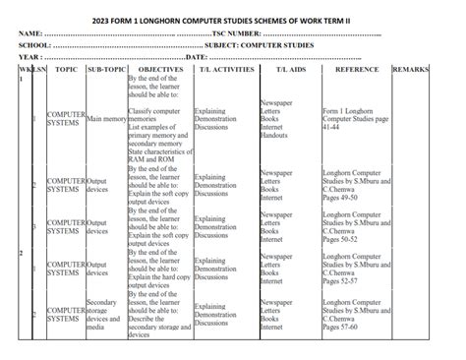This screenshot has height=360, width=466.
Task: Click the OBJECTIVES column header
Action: tap(160, 71)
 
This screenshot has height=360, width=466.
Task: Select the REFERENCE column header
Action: tap(356, 71)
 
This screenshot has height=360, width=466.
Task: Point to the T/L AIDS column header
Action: tap(290, 71)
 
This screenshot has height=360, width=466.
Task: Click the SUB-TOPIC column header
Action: tap(105, 71)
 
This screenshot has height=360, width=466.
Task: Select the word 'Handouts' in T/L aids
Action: tap(275, 135)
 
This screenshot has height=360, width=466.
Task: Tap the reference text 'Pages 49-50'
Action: tap(341, 198)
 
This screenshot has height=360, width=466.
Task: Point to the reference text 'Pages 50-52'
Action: tap(341, 238)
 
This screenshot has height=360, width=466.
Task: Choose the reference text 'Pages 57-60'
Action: tap(341, 327)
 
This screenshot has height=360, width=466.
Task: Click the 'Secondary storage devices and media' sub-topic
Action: tap(103, 314)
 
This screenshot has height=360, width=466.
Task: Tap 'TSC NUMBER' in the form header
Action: tap(243, 33)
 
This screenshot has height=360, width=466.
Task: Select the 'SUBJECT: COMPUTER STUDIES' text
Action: tap(259, 46)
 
